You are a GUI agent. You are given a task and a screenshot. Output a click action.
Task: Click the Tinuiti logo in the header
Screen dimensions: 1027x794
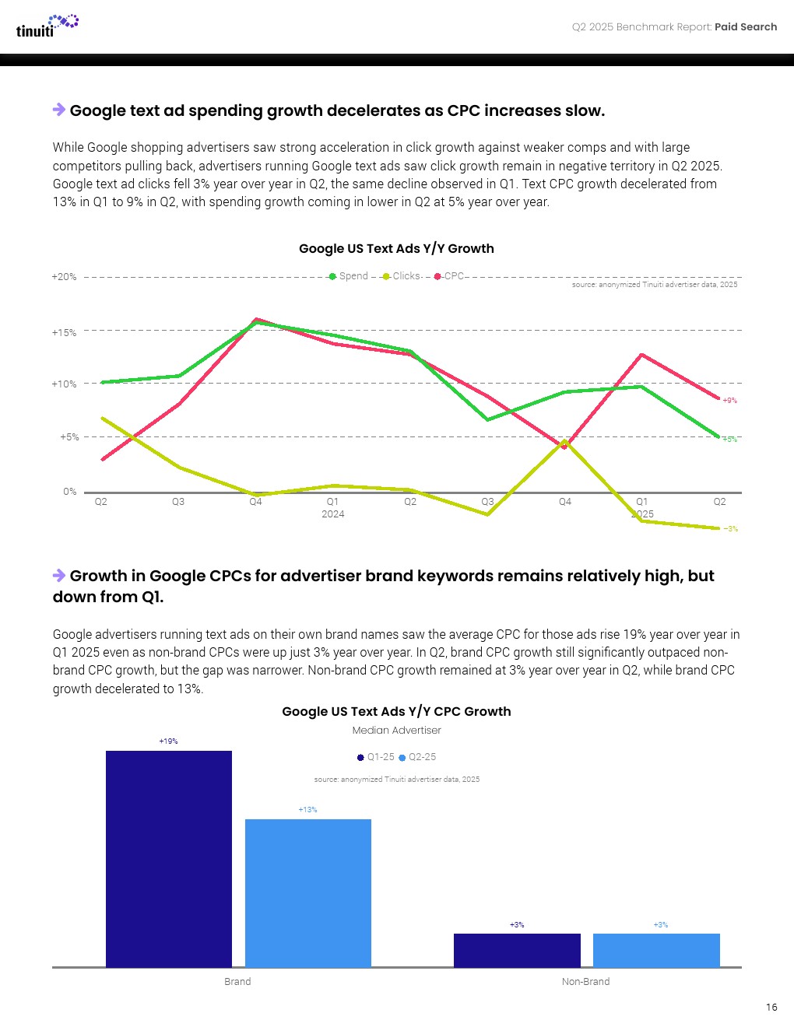pos(47,26)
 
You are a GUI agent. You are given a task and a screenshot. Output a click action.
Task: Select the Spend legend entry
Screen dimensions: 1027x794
pos(349,276)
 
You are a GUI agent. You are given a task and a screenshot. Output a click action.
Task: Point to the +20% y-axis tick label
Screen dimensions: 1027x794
pos(64,277)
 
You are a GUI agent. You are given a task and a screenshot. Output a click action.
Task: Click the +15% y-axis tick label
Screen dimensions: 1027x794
pos(64,333)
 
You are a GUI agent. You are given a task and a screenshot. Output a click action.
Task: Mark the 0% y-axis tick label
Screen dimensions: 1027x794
pos(70,492)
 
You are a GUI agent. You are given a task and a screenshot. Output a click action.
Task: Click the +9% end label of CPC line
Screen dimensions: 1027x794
pos(729,401)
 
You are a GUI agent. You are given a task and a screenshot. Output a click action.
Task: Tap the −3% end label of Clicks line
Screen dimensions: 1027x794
pos(730,529)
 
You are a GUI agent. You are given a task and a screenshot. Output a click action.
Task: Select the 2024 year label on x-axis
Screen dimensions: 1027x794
pos(332,514)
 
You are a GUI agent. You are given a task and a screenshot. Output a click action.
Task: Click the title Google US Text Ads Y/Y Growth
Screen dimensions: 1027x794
pos(396,248)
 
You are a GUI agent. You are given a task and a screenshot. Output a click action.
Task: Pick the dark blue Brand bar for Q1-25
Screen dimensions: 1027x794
pos(169,859)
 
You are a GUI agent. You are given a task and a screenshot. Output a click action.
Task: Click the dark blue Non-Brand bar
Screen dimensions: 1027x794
pos(517,950)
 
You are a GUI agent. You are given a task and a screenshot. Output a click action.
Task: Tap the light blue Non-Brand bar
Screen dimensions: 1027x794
pos(656,950)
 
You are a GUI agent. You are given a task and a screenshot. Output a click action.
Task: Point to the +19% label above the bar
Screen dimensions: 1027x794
pos(168,741)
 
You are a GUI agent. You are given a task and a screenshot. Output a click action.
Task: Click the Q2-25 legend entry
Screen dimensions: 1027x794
pos(418,757)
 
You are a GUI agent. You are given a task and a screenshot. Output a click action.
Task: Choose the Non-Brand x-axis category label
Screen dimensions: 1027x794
pos(585,982)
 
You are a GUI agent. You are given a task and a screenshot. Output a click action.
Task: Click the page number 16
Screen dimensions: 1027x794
pos(771,1007)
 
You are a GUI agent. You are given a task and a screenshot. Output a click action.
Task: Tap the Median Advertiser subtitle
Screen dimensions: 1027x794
pos(396,731)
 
